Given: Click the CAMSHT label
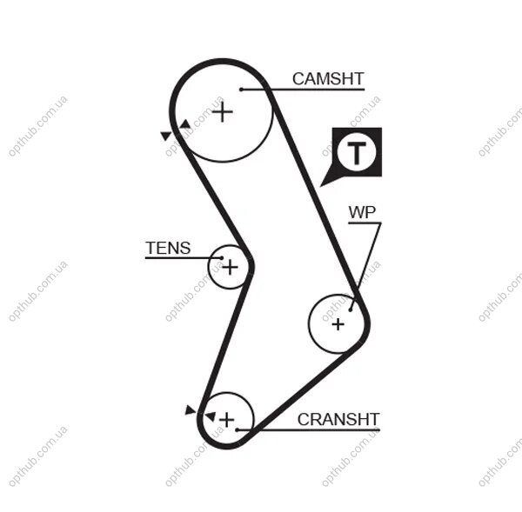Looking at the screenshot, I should coord(327,79).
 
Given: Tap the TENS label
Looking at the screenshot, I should coord(168,248).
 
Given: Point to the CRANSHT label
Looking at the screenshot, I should coord(338,419).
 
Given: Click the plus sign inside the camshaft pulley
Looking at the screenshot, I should coord(224,111).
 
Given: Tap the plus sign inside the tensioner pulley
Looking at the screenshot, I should coord(229,267).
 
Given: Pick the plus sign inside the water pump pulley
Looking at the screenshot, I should coord(338,323).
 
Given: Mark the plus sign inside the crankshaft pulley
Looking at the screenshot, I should coord(226,421).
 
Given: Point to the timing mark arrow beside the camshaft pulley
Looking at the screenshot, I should coord(165,136).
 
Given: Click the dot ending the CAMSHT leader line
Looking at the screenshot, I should coord(241,90).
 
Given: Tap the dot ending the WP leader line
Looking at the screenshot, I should coord(351,307).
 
